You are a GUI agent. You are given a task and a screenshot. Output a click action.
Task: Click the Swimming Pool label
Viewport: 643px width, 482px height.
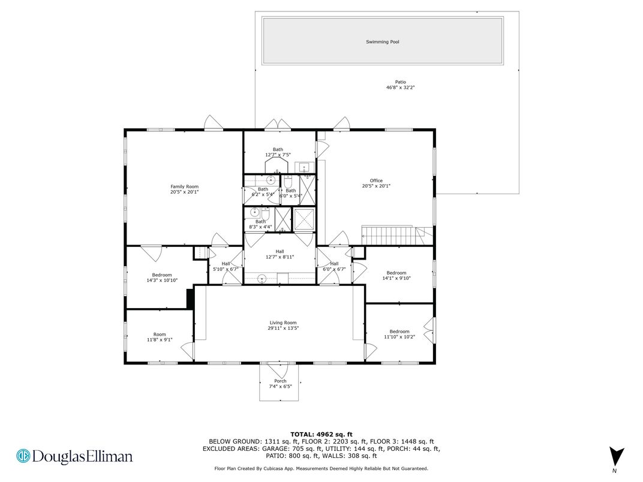click(382, 42)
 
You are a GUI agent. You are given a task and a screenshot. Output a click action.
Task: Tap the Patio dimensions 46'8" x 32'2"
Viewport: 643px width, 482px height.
click(400, 88)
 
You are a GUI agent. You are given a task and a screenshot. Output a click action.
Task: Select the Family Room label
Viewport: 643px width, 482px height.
click(185, 186)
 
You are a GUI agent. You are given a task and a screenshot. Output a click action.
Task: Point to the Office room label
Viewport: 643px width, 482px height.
click(376, 180)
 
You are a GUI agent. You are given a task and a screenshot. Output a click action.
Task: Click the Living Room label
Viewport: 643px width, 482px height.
click(283, 323)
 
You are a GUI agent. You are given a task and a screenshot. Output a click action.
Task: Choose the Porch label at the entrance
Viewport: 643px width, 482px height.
click(281, 381)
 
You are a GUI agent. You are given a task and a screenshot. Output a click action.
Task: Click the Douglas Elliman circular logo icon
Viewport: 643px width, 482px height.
click(23, 456)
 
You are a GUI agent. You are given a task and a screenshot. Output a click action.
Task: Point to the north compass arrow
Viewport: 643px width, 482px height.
click(617, 457)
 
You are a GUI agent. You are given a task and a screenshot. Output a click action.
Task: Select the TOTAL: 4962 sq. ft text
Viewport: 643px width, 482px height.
click(321, 435)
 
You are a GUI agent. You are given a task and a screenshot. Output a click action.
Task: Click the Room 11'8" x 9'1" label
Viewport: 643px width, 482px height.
click(160, 337)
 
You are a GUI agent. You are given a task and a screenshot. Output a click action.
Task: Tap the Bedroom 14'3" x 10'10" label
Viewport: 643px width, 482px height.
click(162, 278)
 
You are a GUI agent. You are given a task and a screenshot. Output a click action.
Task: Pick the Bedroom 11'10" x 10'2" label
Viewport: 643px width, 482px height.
click(399, 334)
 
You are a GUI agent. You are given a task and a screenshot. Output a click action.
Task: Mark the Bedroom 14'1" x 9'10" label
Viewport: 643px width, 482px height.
click(396, 275)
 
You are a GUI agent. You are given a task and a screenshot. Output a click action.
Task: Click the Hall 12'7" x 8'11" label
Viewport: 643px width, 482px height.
click(280, 255)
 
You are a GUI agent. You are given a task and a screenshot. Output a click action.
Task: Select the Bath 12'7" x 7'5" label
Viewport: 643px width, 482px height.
click(278, 152)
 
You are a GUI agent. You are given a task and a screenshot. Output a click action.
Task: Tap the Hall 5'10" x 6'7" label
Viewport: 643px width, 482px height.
click(226, 266)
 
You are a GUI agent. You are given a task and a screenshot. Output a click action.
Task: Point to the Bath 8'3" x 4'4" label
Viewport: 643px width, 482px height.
click(260, 224)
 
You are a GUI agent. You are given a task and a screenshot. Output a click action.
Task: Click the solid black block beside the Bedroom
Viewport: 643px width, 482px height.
click(190, 299)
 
